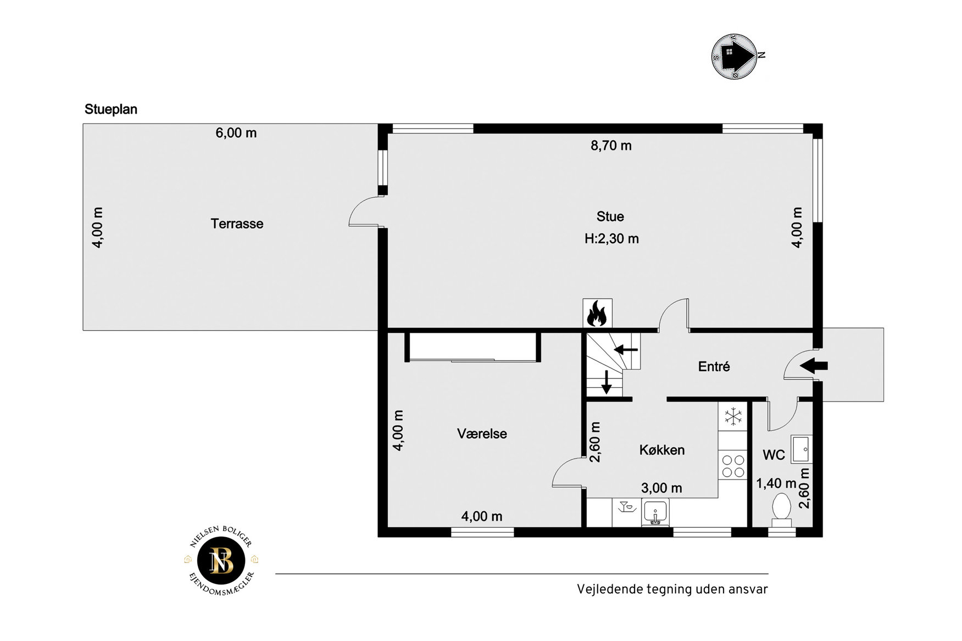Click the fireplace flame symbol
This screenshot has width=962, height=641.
597,314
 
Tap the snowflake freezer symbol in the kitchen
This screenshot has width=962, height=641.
733,416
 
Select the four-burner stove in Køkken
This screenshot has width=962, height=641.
733,466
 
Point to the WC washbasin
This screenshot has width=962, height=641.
801,449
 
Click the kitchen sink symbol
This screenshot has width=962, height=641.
655,512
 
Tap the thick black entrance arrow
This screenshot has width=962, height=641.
814,365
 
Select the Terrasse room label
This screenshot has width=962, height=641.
237,224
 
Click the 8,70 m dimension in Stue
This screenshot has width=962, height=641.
611,146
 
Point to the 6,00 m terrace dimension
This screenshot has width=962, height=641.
236,133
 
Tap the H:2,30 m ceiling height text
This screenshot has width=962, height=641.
611,238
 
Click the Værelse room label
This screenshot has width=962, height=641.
482,433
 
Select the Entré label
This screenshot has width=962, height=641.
714,366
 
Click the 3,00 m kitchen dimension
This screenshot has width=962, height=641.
661,488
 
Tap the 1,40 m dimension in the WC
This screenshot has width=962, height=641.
776,483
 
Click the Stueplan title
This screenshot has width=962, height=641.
111,109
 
